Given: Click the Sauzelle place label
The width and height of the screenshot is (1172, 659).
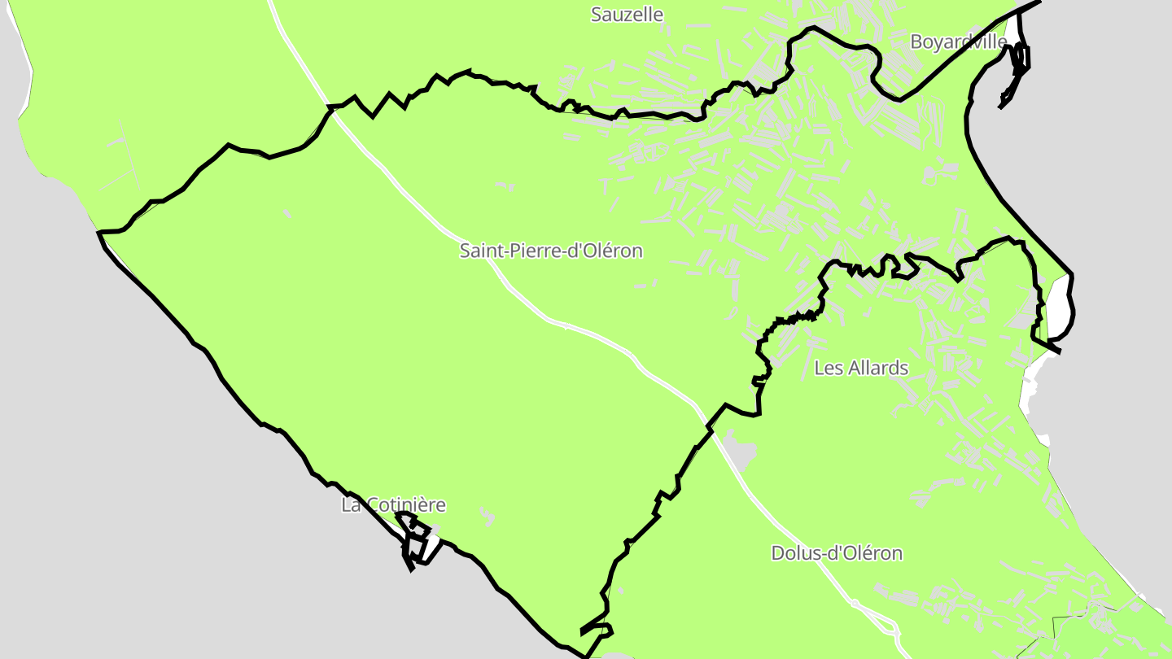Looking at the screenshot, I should (627, 15).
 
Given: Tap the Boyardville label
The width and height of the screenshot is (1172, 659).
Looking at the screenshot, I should (958, 41).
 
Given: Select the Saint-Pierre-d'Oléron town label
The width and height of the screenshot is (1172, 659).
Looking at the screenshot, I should (551, 251).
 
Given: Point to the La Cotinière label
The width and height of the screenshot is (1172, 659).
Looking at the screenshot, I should (393, 504).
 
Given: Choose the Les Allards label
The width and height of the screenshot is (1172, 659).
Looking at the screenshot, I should (861, 368).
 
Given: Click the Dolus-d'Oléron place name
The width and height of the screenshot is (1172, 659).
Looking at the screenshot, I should (837, 553).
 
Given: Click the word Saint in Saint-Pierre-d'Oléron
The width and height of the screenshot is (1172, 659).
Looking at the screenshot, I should (479, 251).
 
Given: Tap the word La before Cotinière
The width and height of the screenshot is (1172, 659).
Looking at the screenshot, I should (351, 504).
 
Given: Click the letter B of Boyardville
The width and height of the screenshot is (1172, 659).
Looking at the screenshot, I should (916, 41).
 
